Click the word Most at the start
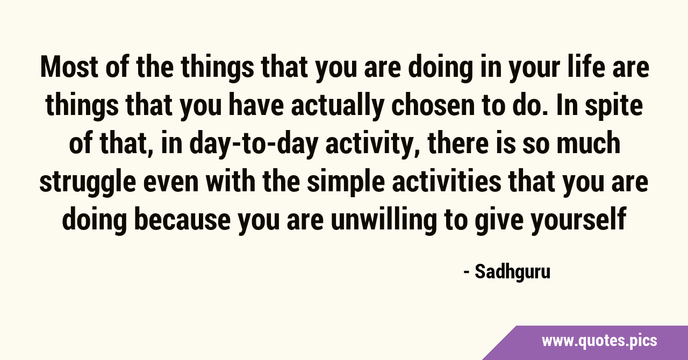pos(69,67)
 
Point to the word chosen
pos(429,105)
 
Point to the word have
pos(256,105)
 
